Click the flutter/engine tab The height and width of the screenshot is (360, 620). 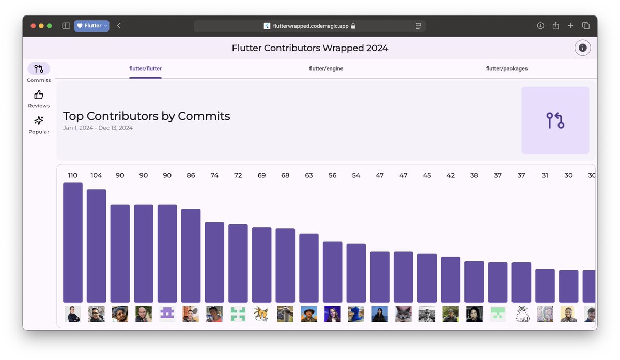pos(326,69)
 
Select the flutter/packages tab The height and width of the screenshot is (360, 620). pos(506,69)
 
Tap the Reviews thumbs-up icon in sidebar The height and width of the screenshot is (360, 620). pos(39,95)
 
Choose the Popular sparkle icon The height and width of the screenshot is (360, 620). pos(39,121)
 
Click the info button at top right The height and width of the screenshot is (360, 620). pos(582,48)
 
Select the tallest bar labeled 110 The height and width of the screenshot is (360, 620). pos(73,242)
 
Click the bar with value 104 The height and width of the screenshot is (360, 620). pos(97,245)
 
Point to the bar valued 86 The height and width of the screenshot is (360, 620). pos(191,255)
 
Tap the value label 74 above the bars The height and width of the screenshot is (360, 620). pos(214,176)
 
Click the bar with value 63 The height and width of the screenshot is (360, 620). pos(309,268)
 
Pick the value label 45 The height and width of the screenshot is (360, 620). pos(427,176)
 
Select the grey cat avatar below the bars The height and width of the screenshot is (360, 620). pos(404,314)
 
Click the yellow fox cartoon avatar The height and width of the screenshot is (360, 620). pos(261,314)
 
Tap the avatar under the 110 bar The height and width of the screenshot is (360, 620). pos(73,314)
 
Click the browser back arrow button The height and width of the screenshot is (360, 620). pos(119,26)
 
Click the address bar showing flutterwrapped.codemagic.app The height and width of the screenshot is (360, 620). pos(309,26)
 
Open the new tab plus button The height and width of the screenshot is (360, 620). pos(570,26)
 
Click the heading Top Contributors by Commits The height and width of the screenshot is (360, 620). pos(146,116)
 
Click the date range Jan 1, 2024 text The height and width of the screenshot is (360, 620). pos(98,128)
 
